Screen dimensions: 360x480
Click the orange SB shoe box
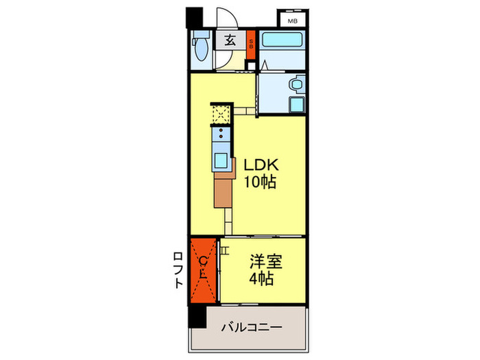tap(251, 45)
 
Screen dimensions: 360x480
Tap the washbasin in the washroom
tap(295, 86)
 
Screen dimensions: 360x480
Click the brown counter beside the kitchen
tap(223, 191)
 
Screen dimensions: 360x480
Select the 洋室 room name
tap(264, 261)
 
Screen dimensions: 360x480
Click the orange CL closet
tap(204, 269)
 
